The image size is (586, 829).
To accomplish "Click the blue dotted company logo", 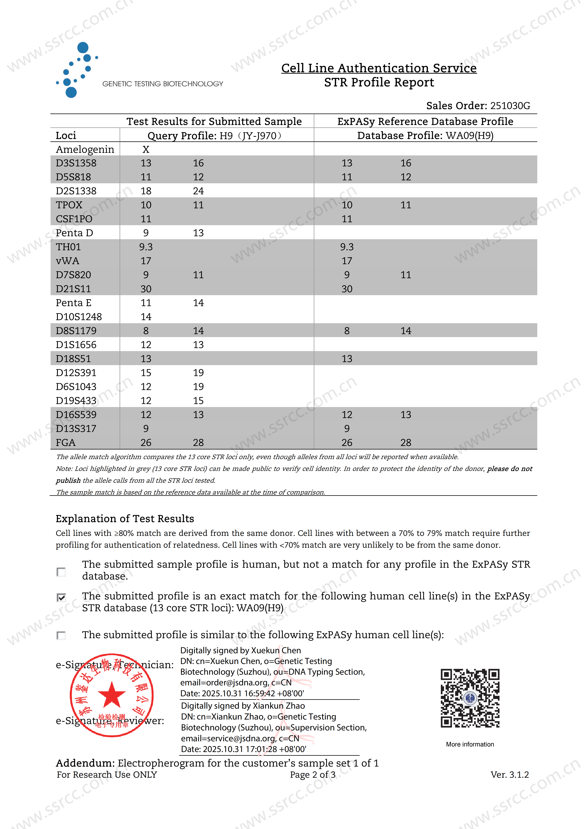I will pyautogui.click(x=77, y=70).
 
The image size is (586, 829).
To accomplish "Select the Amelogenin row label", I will pyautogui.click(x=85, y=150).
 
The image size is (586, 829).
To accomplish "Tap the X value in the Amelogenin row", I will pyautogui.click(x=146, y=150).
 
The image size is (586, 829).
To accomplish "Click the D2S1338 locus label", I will pyautogui.click(x=76, y=191).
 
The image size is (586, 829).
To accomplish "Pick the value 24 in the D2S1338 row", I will pyautogui.click(x=198, y=191).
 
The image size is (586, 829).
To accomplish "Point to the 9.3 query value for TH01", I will pyautogui.click(x=146, y=247).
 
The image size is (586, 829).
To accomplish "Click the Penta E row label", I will pyautogui.click(x=74, y=303).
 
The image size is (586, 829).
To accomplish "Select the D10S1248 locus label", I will pyautogui.click(x=79, y=317).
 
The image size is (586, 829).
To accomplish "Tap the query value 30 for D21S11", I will pyautogui.click(x=146, y=289).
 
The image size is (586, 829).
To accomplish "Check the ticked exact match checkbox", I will pyautogui.click(x=61, y=598).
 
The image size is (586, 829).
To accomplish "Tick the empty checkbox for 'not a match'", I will pyautogui.click(x=61, y=572).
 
